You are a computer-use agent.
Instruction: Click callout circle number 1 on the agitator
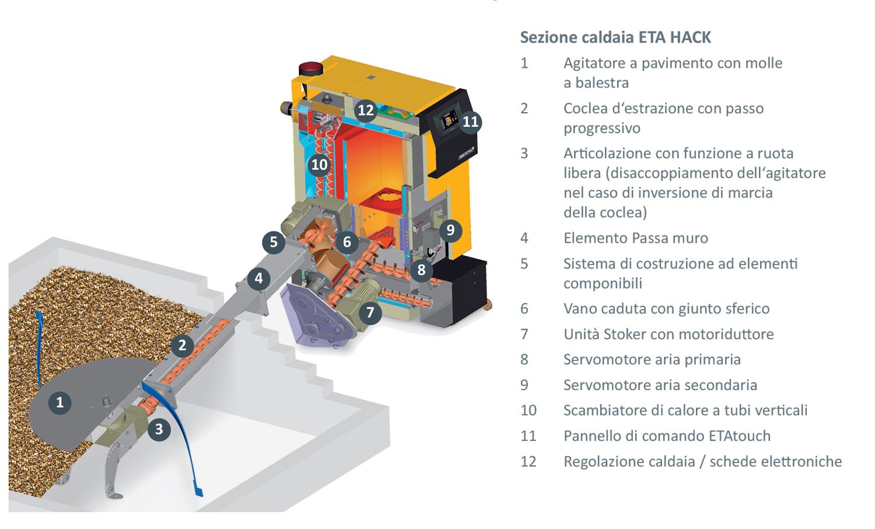(60, 402)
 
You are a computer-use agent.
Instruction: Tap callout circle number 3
(159, 430)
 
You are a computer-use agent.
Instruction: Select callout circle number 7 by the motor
(370, 312)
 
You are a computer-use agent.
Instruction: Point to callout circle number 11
(470, 121)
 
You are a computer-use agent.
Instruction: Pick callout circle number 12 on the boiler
(365, 110)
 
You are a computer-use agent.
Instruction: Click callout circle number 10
(319, 165)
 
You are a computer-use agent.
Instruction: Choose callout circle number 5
(273, 242)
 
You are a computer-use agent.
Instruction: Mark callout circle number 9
(450, 230)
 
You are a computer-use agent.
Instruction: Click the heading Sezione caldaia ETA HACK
(615, 37)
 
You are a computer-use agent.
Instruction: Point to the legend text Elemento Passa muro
(635, 238)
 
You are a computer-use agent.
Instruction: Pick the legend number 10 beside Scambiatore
(528, 410)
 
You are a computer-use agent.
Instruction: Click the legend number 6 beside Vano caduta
(524, 309)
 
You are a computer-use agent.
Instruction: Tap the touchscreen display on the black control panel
(449, 121)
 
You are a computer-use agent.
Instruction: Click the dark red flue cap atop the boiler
(311, 68)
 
